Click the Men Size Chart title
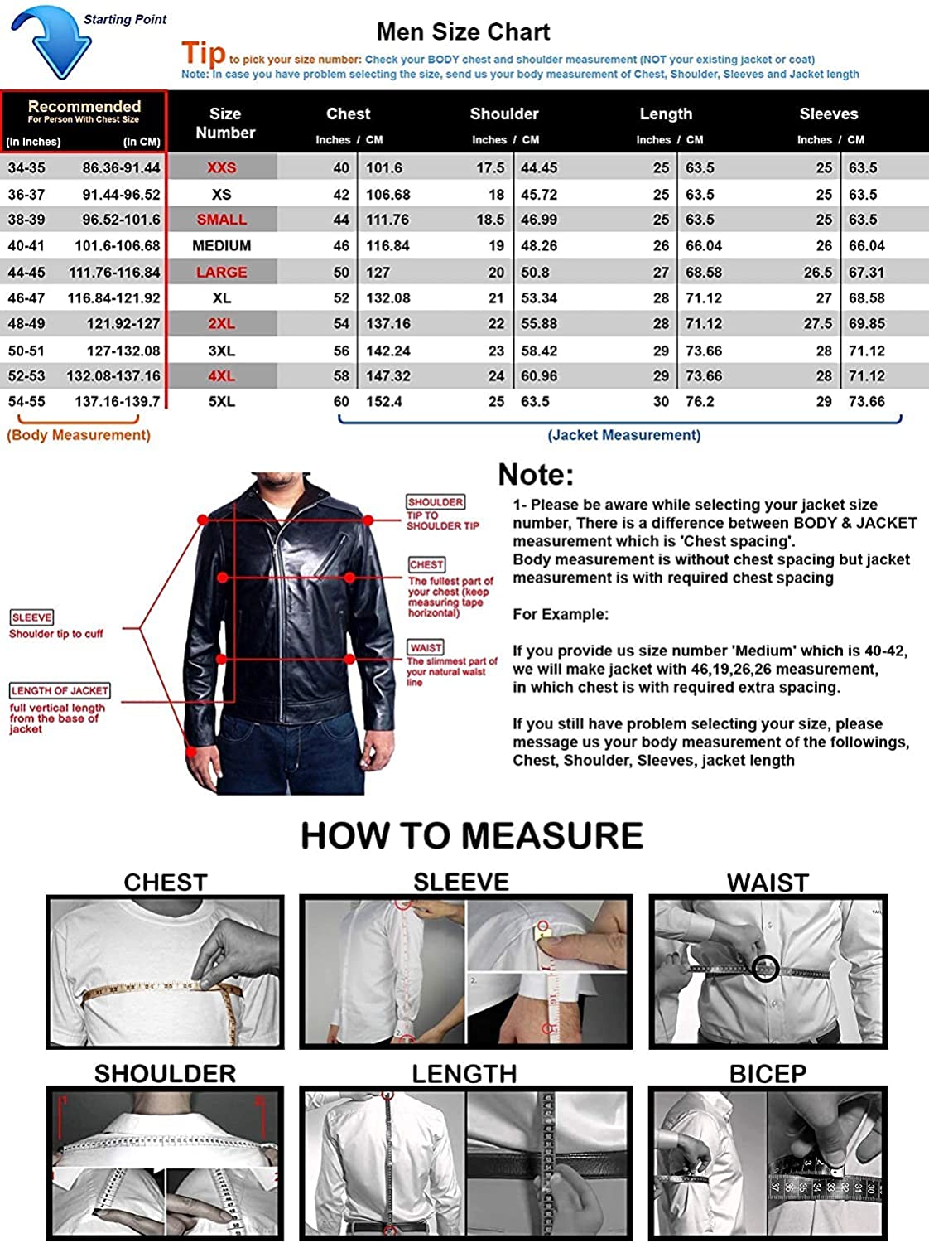(x=463, y=32)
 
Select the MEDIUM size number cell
(x=222, y=246)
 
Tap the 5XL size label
(x=222, y=402)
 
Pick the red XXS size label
(x=222, y=168)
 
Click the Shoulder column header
(x=504, y=114)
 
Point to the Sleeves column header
(x=828, y=114)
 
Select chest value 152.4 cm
(x=384, y=402)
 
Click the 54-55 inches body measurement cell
(x=26, y=402)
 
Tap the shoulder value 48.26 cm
(x=539, y=246)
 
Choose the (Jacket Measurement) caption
(x=624, y=435)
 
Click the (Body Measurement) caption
(x=79, y=435)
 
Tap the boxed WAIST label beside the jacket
(x=426, y=647)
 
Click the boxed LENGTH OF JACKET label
(x=60, y=690)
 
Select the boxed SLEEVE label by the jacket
(x=32, y=617)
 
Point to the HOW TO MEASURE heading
(x=472, y=835)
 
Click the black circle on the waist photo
(x=765, y=968)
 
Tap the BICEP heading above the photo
(x=768, y=1074)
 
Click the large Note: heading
(x=536, y=475)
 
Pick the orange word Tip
(x=204, y=54)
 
